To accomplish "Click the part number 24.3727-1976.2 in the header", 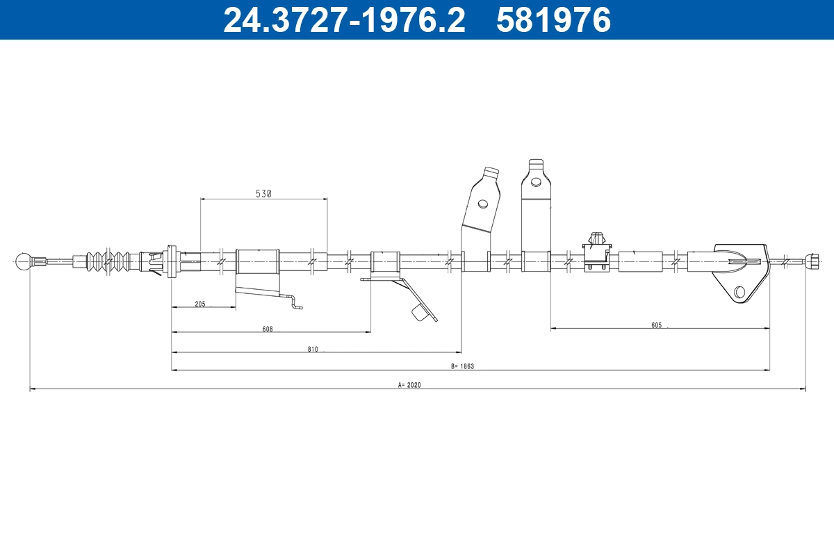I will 343,20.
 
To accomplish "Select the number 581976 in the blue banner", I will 553,20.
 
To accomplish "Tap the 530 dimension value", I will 263,194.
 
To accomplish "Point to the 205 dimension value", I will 200,303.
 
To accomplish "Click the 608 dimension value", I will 268,329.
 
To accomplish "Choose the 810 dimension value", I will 313,349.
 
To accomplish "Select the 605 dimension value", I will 657,325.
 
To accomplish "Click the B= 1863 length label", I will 462,366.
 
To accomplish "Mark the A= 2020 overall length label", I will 410,384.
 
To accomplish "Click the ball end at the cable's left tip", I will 24,262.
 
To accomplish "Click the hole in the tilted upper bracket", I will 482,204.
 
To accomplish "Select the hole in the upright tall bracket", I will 535,183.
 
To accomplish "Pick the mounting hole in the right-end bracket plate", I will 739,292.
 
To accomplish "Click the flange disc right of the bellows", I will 172,262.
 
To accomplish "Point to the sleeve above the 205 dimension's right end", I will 257,262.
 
